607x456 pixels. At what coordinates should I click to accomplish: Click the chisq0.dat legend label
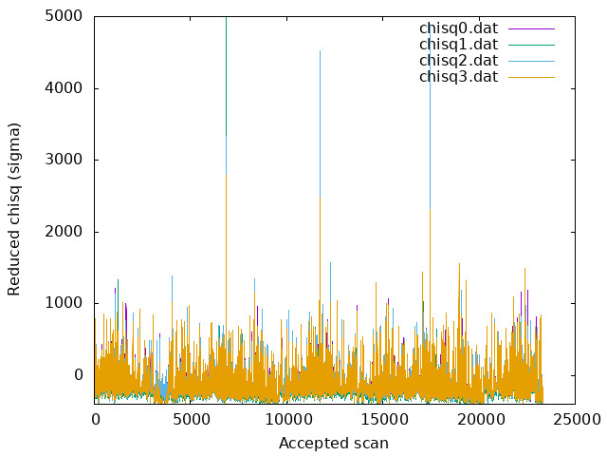point(458,28)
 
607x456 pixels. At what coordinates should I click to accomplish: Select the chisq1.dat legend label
point(458,45)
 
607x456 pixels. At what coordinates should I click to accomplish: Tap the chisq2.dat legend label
point(458,61)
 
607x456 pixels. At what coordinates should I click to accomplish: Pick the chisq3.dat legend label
point(458,77)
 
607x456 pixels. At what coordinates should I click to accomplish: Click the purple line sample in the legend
point(531,28)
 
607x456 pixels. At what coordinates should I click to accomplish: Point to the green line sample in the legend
point(531,45)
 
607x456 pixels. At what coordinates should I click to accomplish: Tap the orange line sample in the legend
point(531,78)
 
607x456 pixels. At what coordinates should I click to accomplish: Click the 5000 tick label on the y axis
point(64,16)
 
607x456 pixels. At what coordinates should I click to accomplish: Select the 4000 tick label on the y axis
point(64,88)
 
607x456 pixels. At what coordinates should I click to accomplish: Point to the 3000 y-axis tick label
point(64,160)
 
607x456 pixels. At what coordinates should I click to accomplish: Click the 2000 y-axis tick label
point(64,232)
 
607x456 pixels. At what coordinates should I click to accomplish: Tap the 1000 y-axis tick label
point(64,303)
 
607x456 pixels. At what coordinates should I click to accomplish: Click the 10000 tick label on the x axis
point(288,420)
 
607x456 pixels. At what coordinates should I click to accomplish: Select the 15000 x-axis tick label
point(384,420)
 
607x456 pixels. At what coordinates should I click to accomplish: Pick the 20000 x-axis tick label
point(481,420)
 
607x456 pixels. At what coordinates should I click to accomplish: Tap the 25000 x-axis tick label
point(577,420)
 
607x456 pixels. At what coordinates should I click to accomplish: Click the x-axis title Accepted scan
point(334,444)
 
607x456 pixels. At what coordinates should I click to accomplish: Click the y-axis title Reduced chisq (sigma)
point(14,209)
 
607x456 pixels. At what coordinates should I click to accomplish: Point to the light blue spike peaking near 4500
point(320,124)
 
